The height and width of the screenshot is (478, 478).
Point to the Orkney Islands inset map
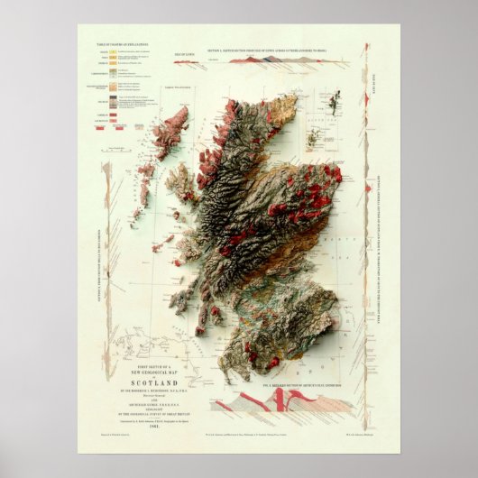(317, 138)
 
